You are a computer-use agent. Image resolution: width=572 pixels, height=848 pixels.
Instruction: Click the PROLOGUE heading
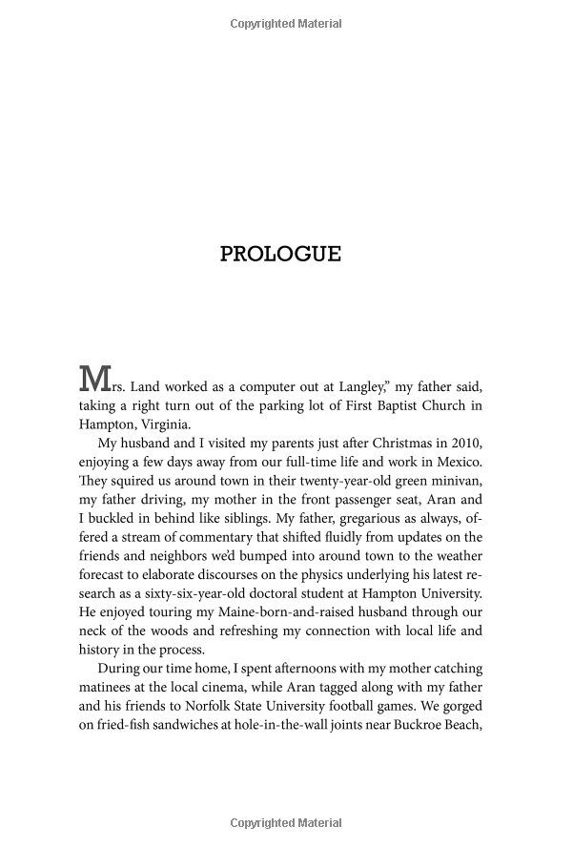click(x=280, y=254)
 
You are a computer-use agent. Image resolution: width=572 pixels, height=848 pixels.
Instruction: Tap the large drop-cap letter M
click(x=92, y=379)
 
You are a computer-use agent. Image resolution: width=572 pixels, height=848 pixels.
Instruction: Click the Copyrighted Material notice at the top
click(x=286, y=24)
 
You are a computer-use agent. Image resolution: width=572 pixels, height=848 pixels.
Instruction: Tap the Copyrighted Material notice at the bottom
click(x=286, y=823)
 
